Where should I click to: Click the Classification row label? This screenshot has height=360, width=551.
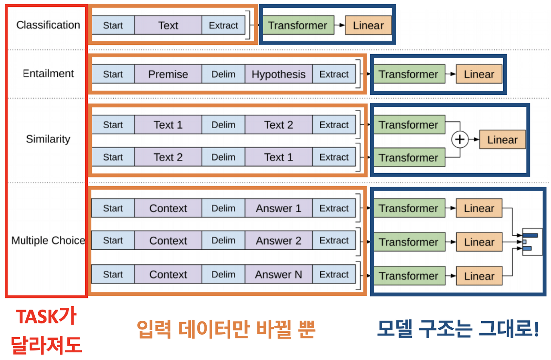tap(48, 25)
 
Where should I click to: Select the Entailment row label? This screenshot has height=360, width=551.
tap(48, 74)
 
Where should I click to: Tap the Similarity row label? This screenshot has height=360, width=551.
tap(48, 139)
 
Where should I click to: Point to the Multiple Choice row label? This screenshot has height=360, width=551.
tap(48, 240)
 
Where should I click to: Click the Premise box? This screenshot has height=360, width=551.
tap(168, 74)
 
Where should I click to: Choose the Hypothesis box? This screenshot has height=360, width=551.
tap(279, 74)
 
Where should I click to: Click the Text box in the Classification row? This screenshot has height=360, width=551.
tap(168, 25)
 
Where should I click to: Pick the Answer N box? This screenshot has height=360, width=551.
tap(279, 274)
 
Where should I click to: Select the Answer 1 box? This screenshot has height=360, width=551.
tap(279, 208)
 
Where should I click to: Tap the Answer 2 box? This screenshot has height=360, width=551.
tap(279, 241)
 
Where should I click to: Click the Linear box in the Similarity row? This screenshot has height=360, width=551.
tap(502, 140)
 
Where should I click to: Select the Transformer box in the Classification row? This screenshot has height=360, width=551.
tap(297, 25)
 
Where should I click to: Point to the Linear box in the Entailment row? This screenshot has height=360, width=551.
tap(479, 74)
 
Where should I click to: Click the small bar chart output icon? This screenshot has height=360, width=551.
tap(532, 242)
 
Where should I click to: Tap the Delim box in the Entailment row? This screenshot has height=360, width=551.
tap(223, 74)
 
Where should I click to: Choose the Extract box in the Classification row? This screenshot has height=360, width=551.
tap(223, 25)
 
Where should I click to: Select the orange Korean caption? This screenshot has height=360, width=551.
tap(226, 329)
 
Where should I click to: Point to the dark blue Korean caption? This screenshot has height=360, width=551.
tap(458, 329)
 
